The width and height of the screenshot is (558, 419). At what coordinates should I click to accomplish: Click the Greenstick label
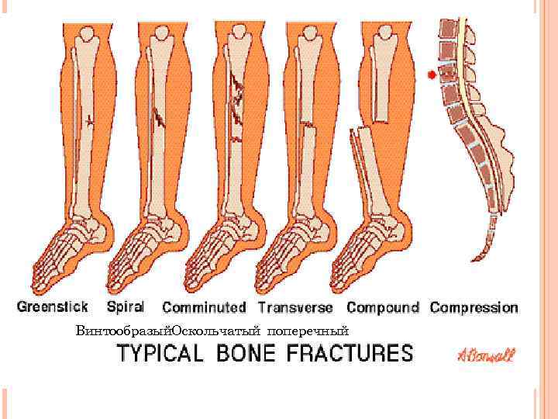coord(53,306)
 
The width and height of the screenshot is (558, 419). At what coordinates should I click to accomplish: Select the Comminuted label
coord(205,307)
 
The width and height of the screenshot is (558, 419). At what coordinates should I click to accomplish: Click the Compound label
coord(382,307)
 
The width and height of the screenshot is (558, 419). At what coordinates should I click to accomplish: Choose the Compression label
coord(474,307)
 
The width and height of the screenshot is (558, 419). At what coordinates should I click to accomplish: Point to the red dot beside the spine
coord(431,75)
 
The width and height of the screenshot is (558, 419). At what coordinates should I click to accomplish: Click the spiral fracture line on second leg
coord(160,116)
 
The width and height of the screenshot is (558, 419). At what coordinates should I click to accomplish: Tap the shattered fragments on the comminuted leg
coord(236,97)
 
